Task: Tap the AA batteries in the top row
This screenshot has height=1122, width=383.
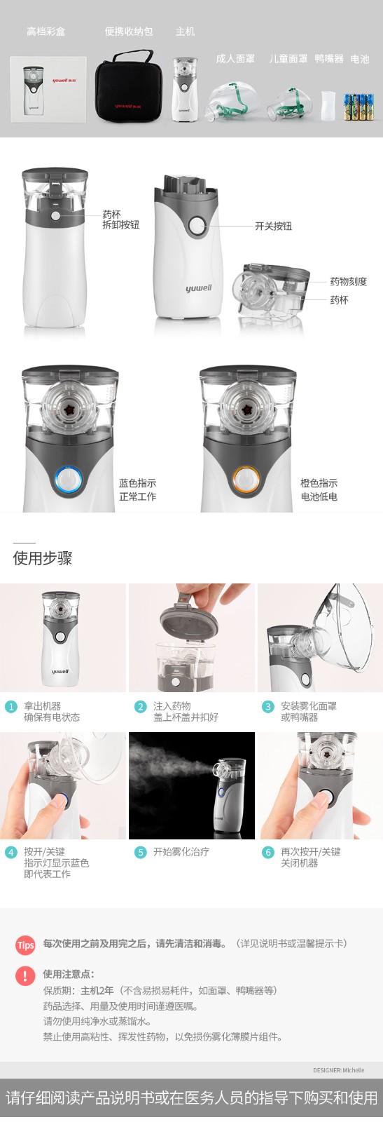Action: coord(358,106)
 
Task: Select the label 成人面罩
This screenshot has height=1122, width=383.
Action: coord(235,59)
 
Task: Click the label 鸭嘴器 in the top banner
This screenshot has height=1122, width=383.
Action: coord(329,59)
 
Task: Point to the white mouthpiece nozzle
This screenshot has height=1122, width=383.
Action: coord(328,105)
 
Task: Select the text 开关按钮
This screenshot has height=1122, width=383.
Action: coord(273,227)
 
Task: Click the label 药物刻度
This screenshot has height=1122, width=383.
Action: coord(348,281)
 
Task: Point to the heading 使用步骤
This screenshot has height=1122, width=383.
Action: coord(43,558)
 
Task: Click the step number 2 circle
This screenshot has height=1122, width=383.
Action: coord(141,706)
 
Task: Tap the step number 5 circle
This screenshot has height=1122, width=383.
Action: coord(141,852)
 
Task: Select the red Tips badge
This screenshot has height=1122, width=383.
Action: coord(25,945)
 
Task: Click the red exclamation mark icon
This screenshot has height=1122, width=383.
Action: coord(25,975)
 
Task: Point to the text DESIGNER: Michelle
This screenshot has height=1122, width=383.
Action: coord(338,1070)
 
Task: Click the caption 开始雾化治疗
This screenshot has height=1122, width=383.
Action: coord(181,852)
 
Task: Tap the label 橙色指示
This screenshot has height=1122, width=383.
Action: coord(319,483)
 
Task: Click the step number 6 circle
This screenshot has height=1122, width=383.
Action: coord(268,852)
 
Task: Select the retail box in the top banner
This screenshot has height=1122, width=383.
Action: coord(48,89)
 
